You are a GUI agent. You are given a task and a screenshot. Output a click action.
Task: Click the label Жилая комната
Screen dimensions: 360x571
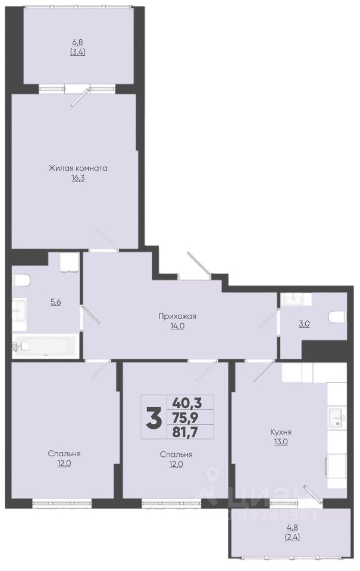pyautogui.click(x=78, y=168)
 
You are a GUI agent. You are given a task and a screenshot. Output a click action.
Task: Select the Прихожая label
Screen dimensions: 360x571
pyautogui.click(x=177, y=316)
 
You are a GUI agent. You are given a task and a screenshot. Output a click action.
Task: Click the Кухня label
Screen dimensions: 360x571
pyautogui.click(x=281, y=432)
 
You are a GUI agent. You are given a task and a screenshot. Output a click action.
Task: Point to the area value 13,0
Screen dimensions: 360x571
pyautogui.click(x=281, y=442)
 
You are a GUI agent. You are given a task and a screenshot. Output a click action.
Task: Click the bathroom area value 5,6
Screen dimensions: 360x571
pyautogui.click(x=55, y=302)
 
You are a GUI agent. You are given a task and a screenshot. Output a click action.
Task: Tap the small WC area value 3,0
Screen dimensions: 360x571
pyautogui.click(x=304, y=324)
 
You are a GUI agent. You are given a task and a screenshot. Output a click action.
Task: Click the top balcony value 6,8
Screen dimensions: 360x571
pyautogui.click(x=77, y=42)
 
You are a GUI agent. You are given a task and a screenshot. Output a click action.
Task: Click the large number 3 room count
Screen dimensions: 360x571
pyautogui.click(x=154, y=418)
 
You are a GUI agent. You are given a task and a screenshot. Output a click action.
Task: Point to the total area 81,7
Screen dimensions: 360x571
pyautogui.click(x=187, y=432)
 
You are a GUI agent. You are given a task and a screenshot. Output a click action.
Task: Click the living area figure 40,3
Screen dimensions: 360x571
pyautogui.click(x=187, y=403)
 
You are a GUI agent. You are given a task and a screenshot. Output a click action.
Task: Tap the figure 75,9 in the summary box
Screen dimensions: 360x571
pyautogui.click(x=187, y=418)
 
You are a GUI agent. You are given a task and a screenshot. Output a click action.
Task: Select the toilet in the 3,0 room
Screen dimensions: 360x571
pyautogui.click(x=337, y=317)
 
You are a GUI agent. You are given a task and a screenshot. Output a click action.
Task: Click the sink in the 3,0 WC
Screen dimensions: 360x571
pyautogui.click(x=296, y=299)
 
